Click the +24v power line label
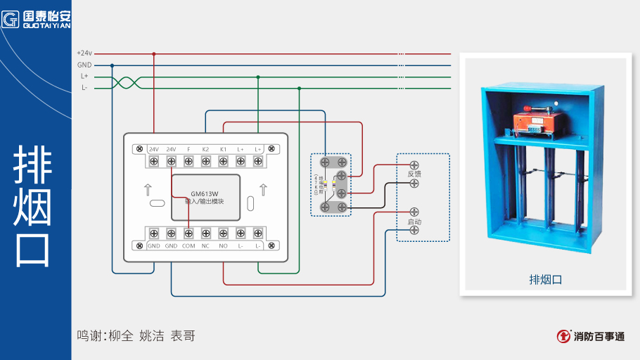pos(84,53)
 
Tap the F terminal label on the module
pos(188,149)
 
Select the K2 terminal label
pos(205,149)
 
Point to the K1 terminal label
pos(223,149)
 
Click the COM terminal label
pos(188,246)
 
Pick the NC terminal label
pos(205,246)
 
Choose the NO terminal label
pos(223,246)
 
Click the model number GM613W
pos(205,193)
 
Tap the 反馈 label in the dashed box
pos(414,174)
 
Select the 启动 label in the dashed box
pos(414,222)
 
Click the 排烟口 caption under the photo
pos(545,279)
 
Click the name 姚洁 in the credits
pos(153,336)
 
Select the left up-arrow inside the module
pos(148,189)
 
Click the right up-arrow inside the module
pos(263,189)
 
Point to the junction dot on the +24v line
pos(154,53)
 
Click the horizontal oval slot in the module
pos(158,204)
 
